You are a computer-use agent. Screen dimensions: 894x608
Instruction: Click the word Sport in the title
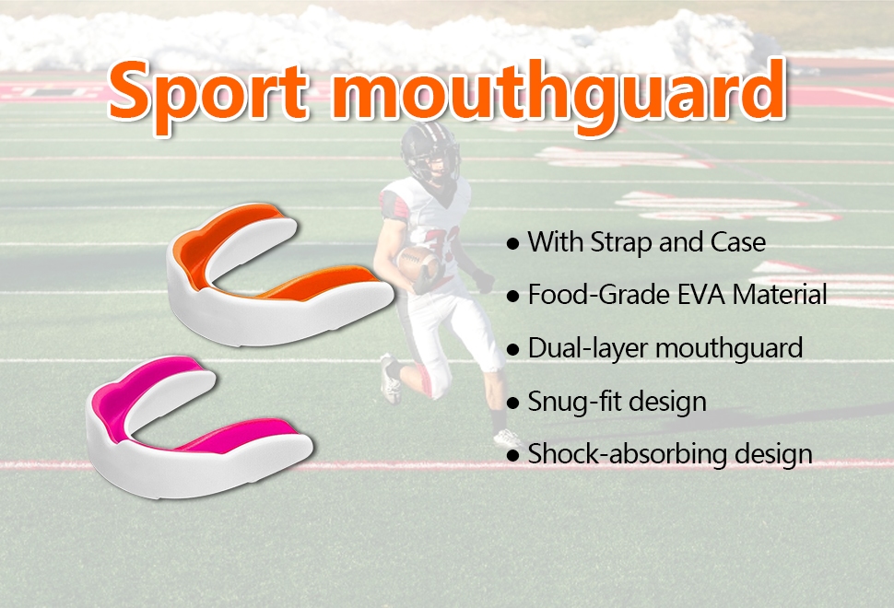point(208,92)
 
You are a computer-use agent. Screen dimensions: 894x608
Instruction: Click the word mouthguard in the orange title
point(559,91)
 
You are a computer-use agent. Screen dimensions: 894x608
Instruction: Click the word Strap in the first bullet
point(621,242)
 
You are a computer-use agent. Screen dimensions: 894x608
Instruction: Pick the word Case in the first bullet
point(737,242)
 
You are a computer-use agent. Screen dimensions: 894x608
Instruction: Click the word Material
point(780,295)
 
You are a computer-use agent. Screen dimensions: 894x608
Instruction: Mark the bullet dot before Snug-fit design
point(513,403)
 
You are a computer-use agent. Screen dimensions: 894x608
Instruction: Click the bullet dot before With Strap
point(513,244)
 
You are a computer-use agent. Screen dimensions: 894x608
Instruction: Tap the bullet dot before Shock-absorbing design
point(513,455)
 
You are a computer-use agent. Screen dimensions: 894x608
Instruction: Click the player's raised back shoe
point(391,379)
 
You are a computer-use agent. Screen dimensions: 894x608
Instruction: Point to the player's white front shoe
point(508,438)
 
